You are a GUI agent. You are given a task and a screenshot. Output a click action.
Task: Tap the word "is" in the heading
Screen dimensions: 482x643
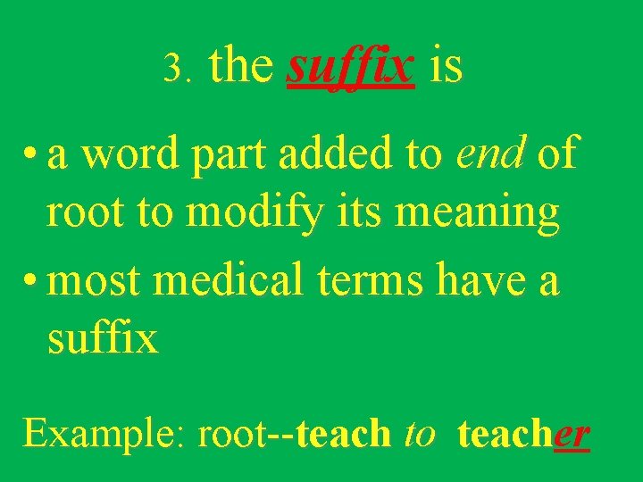pyautogui.click(x=446, y=66)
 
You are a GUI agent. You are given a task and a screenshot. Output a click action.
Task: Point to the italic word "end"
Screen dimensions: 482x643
pyautogui.click(x=491, y=154)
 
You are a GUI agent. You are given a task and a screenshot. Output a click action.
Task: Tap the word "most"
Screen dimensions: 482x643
pyautogui.click(x=96, y=282)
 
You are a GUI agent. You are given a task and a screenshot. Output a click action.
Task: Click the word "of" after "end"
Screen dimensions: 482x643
pyautogui.click(x=557, y=154)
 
